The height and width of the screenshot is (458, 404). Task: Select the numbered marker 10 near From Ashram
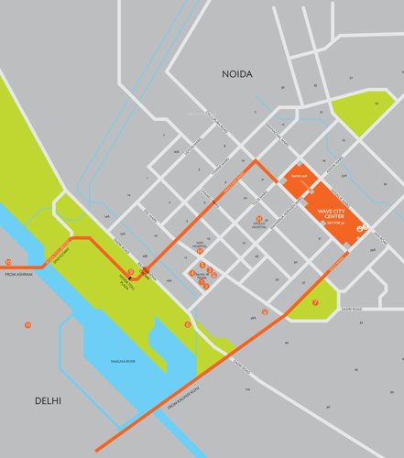click(8, 262)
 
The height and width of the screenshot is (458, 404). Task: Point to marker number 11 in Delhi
click(28, 325)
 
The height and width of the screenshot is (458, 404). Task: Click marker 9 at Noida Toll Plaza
click(131, 271)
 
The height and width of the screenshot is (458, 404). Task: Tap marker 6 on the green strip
click(188, 324)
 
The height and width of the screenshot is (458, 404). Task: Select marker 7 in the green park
click(315, 301)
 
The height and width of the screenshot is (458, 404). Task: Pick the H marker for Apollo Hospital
click(259, 219)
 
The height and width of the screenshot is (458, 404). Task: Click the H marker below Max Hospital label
click(199, 251)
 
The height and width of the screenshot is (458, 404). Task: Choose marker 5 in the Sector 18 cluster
click(202, 265)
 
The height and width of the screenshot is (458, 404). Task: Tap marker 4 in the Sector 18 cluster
click(192, 273)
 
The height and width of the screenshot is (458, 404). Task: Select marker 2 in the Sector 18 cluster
click(207, 287)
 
